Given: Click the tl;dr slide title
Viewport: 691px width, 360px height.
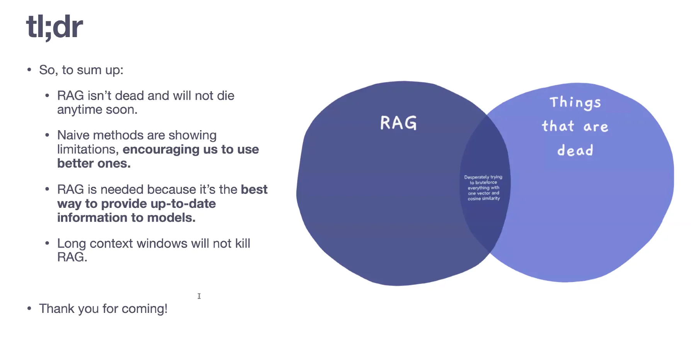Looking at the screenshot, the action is coord(54,27).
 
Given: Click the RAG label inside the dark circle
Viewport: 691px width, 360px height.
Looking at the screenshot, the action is coord(398,123).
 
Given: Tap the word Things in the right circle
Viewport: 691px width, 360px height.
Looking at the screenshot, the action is coord(575,102).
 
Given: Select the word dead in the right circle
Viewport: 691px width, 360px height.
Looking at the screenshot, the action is coord(575,150).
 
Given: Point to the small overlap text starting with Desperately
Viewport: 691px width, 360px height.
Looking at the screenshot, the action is coord(483,188).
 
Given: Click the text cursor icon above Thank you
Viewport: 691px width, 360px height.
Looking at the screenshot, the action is coord(199,296).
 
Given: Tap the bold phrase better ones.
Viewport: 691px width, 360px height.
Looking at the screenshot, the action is coord(94,163).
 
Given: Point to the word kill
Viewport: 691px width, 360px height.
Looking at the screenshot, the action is coord(243,243).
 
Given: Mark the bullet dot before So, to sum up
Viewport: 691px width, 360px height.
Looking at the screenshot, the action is coord(29,70).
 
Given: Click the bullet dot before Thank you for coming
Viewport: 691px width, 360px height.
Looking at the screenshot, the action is coord(29,309).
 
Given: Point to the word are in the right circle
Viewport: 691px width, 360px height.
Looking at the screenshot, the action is coord(596,127).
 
